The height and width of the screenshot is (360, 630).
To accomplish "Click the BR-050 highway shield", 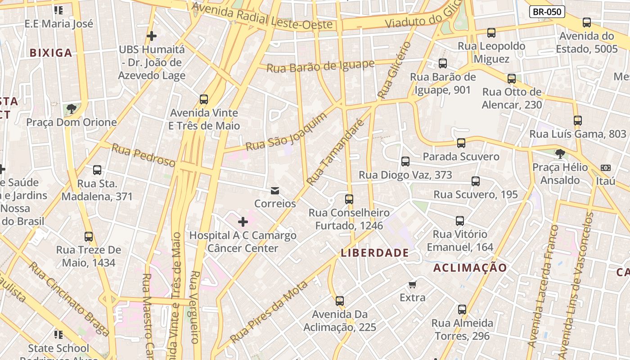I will pyautogui.click(x=547, y=12).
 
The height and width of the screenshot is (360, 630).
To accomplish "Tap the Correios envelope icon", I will pyautogui.click(x=275, y=191).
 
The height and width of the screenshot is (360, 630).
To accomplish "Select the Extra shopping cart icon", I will pyautogui.click(x=412, y=284).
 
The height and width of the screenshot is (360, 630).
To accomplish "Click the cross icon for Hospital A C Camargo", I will pyautogui.click(x=243, y=221).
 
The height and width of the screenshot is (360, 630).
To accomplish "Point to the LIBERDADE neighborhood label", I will pyautogui.click(x=375, y=253).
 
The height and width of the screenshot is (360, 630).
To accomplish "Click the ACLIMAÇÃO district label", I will pyautogui.click(x=470, y=268).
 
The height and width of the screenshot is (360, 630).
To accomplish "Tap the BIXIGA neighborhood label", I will pyautogui.click(x=51, y=53).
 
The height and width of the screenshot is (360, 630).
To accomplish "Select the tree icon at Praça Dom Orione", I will pyautogui.click(x=71, y=108).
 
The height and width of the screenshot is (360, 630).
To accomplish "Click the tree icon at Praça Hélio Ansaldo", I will pyautogui.click(x=560, y=154).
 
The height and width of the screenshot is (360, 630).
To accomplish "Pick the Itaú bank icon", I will pyautogui.click(x=606, y=168).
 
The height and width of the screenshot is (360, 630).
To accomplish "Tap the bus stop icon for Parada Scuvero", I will pyautogui.click(x=461, y=143).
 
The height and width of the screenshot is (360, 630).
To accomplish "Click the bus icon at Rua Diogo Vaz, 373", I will pyautogui.click(x=405, y=162).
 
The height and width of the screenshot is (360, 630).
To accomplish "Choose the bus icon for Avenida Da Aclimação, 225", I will pyautogui.click(x=340, y=301).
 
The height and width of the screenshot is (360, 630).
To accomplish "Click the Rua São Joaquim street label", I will pyautogui.click(x=287, y=132).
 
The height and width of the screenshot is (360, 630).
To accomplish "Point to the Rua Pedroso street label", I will pyautogui.click(x=143, y=155).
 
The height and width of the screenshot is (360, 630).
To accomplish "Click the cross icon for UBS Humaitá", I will pyautogui.click(x=152, y=36).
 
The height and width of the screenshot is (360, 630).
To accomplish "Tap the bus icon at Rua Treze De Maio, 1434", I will pyautogui.click(x=89, y=237).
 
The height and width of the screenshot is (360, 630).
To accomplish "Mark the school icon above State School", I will pyautogui.click(x=58, y=334).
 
